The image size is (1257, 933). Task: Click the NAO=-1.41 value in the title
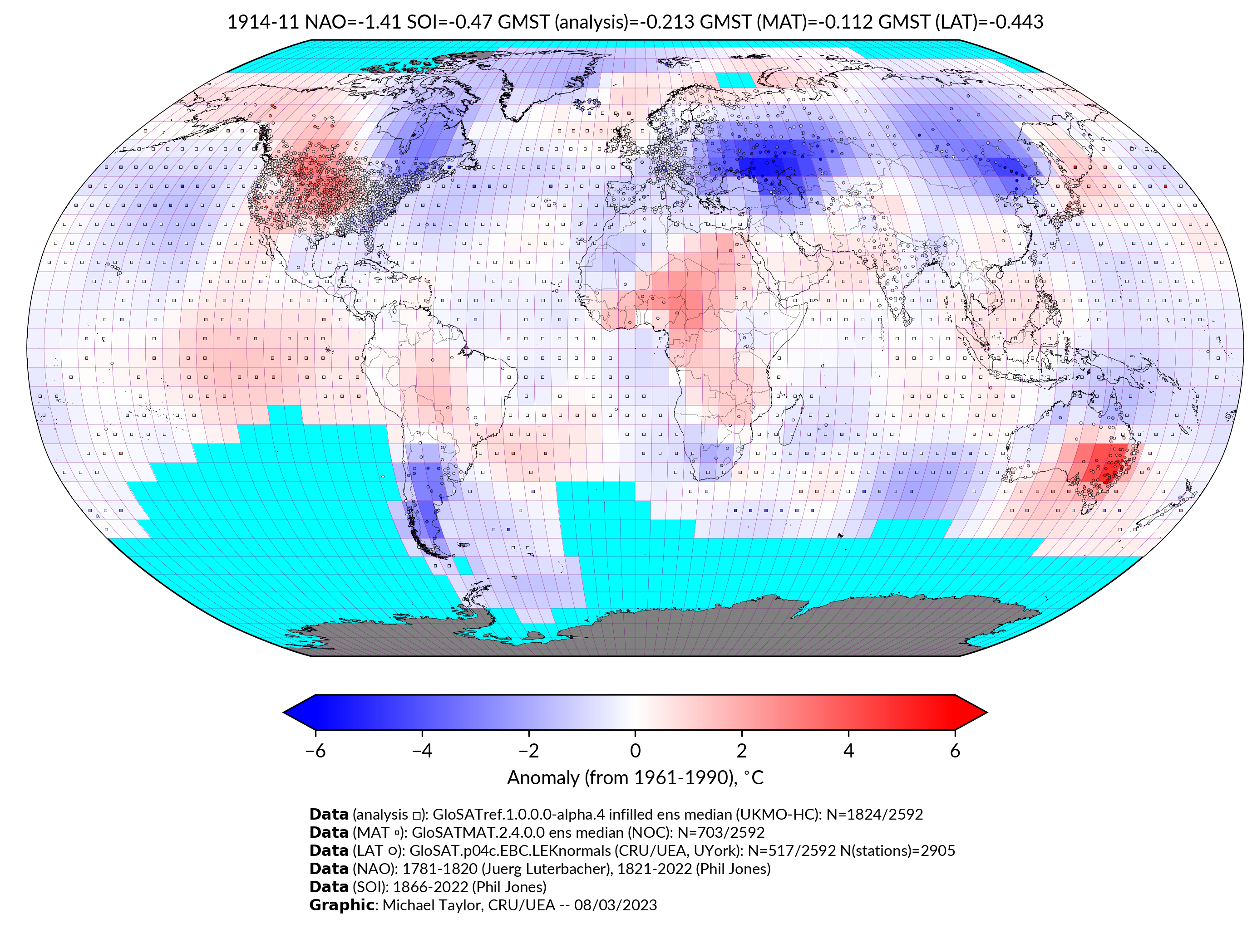(x=353, y=22)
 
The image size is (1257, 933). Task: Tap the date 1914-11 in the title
(x=263, y=22)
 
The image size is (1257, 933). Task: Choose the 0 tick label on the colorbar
(x=635, y=751)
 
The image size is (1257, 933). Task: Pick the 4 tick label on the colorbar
(x=848, y=751)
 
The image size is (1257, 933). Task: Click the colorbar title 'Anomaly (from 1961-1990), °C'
(x=635, y=778)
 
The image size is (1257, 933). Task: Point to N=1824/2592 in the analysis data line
(x=874, y=815)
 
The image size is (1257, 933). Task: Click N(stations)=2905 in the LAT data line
(x=898, y=850)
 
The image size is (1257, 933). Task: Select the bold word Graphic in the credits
(x=341, y=905)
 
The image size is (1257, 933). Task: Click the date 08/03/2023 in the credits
(x=615, y=905)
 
